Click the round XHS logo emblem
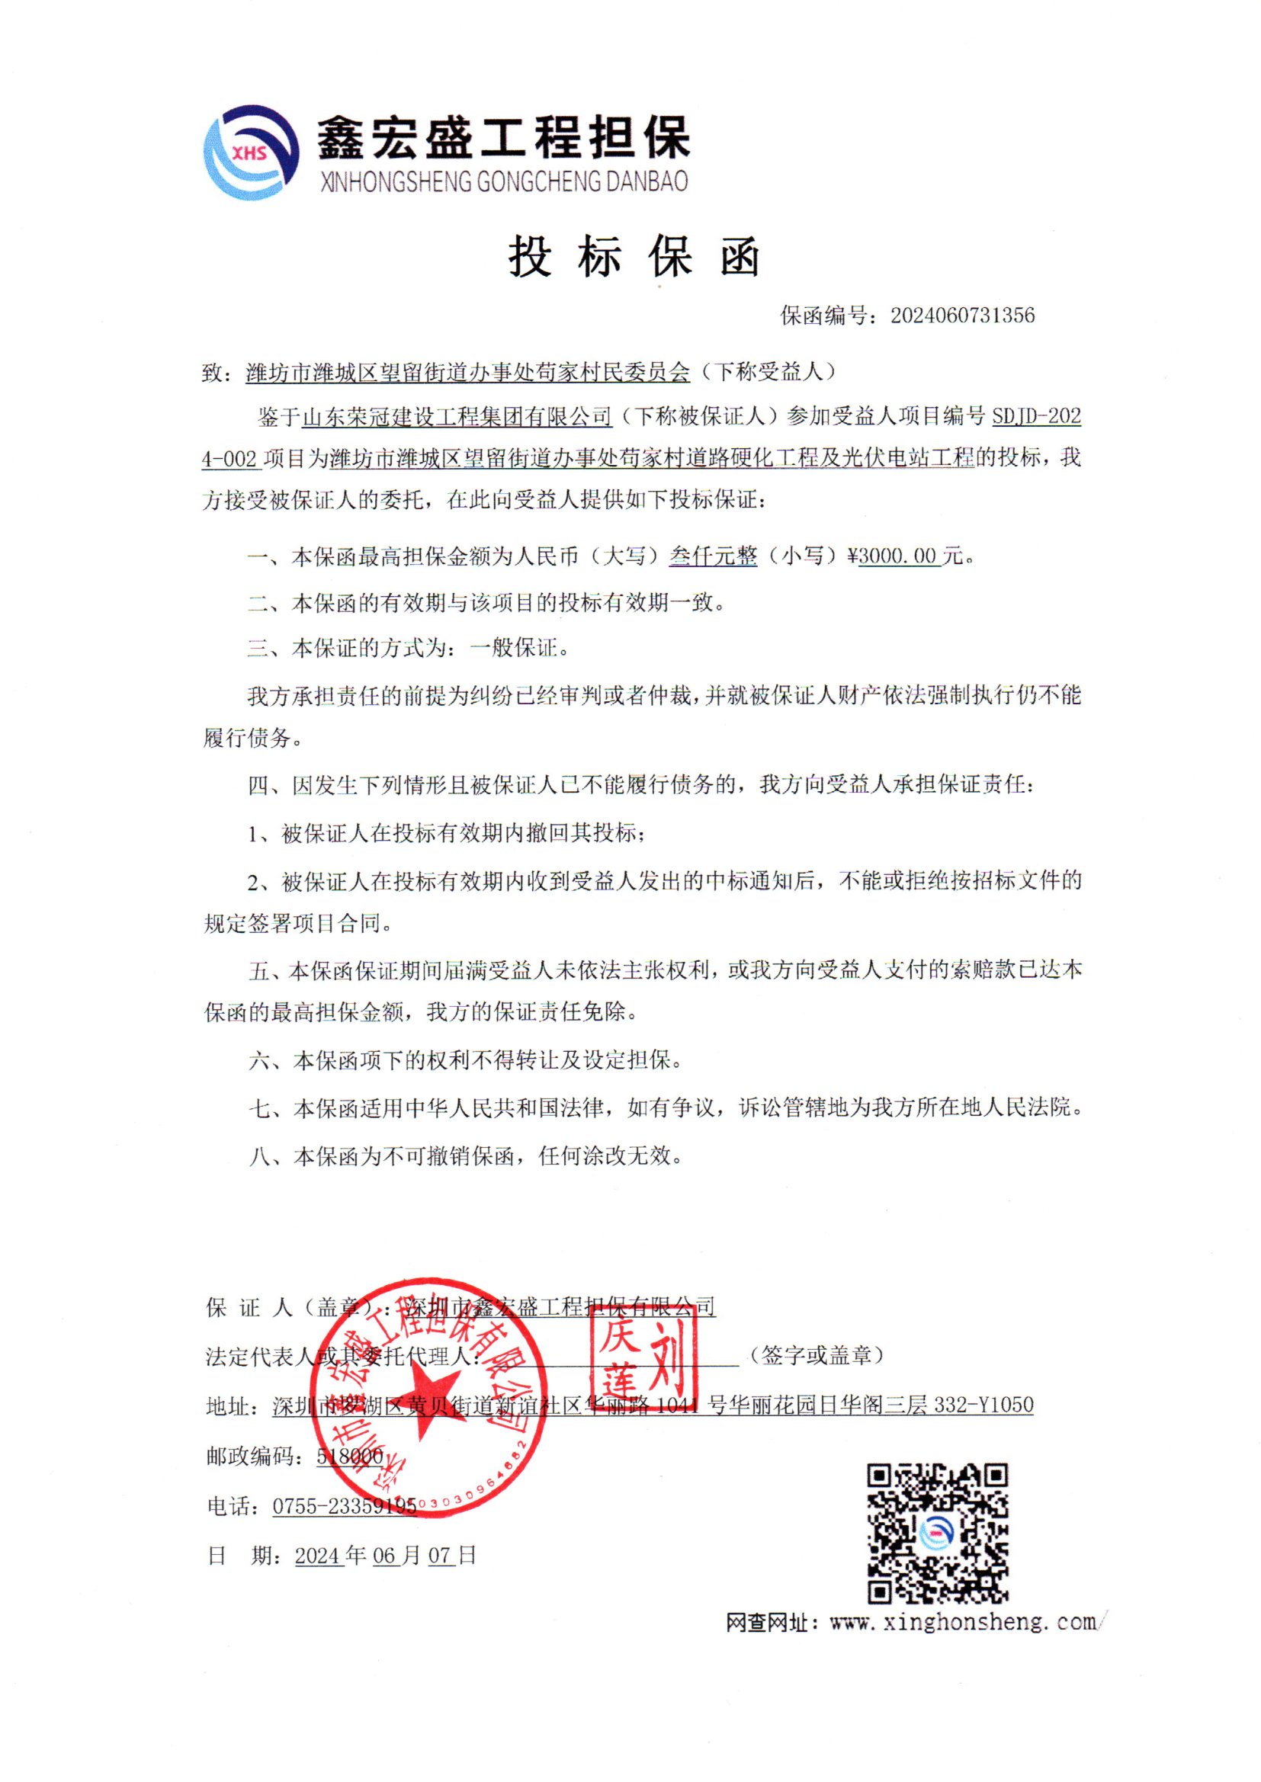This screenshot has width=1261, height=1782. (251, 152)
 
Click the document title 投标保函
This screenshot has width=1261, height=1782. (634, 256)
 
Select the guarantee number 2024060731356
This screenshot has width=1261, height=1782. (962, 315)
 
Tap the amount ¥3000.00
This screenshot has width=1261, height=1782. (898, 556)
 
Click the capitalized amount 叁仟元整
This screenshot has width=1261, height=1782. (713, 556)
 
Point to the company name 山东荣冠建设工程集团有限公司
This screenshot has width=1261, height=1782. (457, 418)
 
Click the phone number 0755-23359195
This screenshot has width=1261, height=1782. (344, 1507)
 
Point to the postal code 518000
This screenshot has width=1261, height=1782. (349, 1457)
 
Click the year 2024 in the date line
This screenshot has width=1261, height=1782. (319, 1556)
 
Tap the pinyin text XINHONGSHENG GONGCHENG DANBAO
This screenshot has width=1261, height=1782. (504, 181)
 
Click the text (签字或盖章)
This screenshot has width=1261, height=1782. (816, 1355)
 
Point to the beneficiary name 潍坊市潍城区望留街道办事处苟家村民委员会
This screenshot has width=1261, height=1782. (467, 373)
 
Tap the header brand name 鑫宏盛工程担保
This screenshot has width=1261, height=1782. (503, 138)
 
